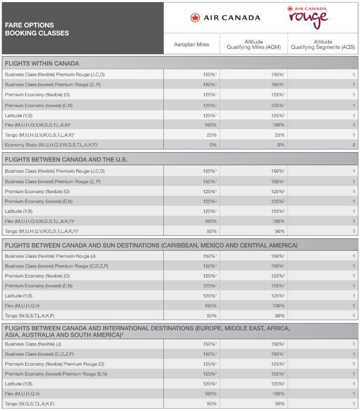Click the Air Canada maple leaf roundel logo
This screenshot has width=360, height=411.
[x=195, y=18]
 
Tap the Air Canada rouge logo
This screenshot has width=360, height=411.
[x=307, y=17]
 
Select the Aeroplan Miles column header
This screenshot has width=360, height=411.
[x=191, y=45]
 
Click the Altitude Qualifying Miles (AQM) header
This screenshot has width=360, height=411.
[x=254, y=45]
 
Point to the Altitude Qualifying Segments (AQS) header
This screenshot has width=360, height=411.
[x=323, y=45]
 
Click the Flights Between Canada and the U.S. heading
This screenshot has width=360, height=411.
[x=66, y=160]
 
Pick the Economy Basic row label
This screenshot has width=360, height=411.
[x=52, y=145]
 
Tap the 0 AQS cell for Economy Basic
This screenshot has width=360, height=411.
[x=353, y=145]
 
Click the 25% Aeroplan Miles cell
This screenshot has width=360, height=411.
[x=211, y=135]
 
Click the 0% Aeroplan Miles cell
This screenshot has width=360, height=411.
[x=211, y=145]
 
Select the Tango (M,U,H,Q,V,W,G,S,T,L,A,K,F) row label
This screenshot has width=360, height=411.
[x=41, y=231]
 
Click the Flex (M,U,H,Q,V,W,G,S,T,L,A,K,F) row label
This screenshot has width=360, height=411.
[x=40, y=221]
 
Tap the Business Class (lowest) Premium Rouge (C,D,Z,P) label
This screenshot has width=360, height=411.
[x=56, y=266]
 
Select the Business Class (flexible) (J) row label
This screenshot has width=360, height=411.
[x=33, y=344]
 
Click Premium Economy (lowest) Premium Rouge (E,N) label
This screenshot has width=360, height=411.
[x=56, y=374]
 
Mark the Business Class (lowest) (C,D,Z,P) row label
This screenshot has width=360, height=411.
[x=39, y=354]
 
